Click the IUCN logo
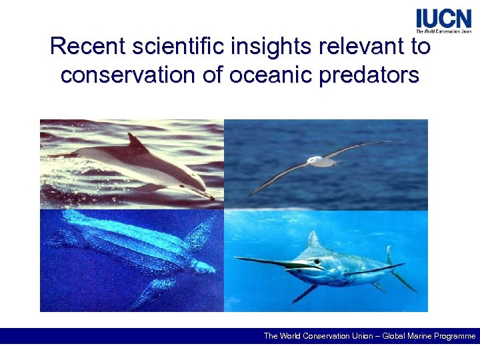(x=443, y=20)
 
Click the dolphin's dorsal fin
(x=136, y=142)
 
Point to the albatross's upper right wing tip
(x=393, y=141)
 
